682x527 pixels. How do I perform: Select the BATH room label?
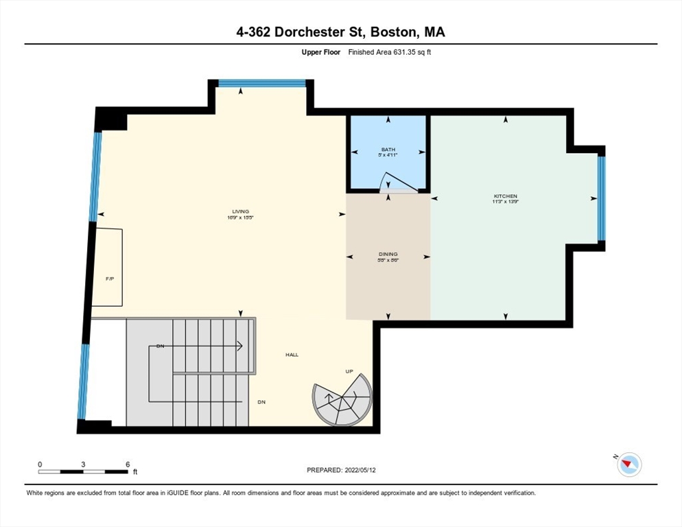point(388,150)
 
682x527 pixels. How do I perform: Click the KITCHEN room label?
point(505,196)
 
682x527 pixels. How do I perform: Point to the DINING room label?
point(388,254)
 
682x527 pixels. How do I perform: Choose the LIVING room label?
point(240,211)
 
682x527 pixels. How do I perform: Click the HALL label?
point(292,355)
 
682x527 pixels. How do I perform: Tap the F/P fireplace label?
point(108,279)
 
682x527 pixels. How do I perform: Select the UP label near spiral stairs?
point(349,371)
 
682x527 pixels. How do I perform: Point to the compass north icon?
point(628,465)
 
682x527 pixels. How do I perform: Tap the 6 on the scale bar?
point(128,465)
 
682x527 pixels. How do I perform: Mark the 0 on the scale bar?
point(40,465)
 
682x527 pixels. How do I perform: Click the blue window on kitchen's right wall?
point(601,199)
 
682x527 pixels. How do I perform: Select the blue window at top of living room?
point(261,83)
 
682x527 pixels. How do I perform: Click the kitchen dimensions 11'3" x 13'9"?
point(505,202)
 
